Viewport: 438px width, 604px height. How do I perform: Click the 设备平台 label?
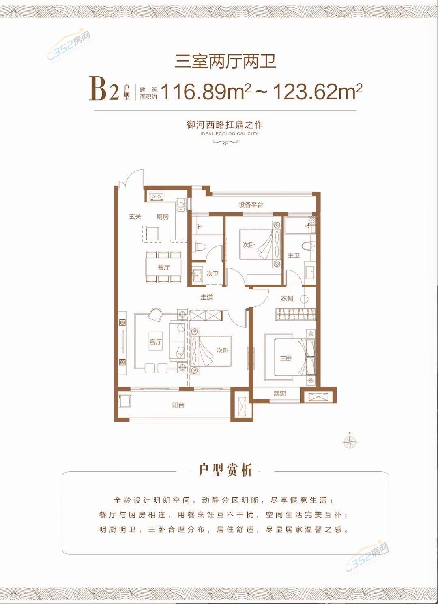(x=251, y=205)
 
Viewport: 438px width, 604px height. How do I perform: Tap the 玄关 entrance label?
(x=135, y=216)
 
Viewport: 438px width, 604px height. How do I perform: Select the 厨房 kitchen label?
(x=163, y=217)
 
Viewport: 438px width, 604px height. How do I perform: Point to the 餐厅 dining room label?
(x=164, y=267)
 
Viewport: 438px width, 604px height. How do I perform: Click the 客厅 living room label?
(x=156, y=342)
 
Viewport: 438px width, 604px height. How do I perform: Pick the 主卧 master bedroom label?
(x=286, y=358)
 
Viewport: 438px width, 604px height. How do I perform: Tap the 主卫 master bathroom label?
(x=294, y=255)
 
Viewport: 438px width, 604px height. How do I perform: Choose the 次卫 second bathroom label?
(x=213, y=274)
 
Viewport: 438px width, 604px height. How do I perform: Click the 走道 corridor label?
(x=206, y=297)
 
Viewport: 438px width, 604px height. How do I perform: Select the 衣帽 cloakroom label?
(x=287, y=298)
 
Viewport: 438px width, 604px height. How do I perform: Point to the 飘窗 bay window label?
(x=279, y=394)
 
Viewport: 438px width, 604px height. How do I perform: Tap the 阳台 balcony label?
(x=178, y=405)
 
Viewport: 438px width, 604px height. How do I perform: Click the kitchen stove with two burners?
(x=157, y=197)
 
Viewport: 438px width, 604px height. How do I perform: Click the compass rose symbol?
(x=350, y=442)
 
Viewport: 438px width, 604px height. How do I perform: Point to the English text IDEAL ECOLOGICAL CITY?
(x=229, y=133)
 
